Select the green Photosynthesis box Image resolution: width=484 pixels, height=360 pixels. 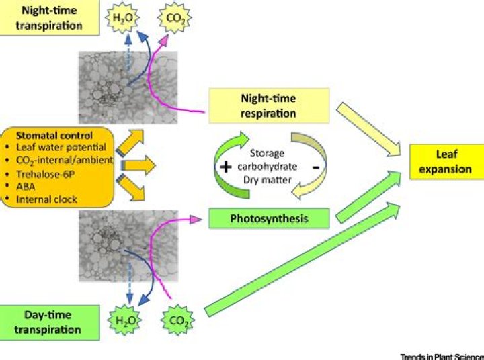tap(268, 219)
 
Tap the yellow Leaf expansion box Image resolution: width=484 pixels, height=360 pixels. tap(445, 162)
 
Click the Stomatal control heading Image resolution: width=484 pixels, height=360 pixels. tap(55, 134)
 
